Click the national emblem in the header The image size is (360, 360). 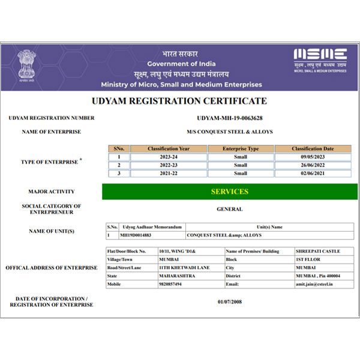26,65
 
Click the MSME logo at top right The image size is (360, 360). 320,59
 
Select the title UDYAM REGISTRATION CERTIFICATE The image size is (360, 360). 179,101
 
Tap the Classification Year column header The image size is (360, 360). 168,148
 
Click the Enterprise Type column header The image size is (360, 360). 240,148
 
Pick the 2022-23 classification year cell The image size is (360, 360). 168,165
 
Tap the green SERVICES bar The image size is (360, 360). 229,191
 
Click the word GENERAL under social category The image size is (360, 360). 230,209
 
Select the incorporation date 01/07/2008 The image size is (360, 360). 230,302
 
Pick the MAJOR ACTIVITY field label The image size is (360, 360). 51,192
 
